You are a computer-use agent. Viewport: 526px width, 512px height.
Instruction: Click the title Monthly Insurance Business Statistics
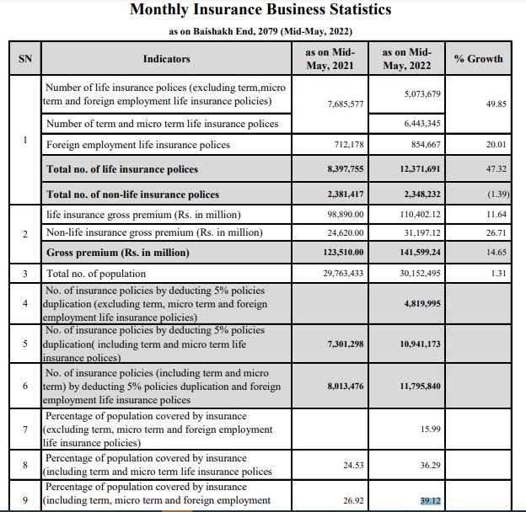[260, 10]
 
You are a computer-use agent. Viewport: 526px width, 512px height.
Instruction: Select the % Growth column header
[478, 59]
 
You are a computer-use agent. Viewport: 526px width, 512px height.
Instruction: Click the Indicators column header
[166, 59]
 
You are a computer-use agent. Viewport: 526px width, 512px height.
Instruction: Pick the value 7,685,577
[345, 104]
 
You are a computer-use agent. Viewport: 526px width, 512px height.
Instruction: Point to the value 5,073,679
[411, 92]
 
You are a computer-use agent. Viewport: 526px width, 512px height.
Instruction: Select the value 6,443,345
[411, 124]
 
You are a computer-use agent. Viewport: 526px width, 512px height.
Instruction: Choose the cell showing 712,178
[348, 145]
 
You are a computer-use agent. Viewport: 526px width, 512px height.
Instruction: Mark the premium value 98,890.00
[346, 216]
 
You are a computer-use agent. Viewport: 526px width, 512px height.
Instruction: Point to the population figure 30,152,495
[411, 274]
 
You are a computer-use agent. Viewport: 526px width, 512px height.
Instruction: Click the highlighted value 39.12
[431, 501]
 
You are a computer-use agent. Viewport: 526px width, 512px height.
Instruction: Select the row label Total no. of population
[96, 274]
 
